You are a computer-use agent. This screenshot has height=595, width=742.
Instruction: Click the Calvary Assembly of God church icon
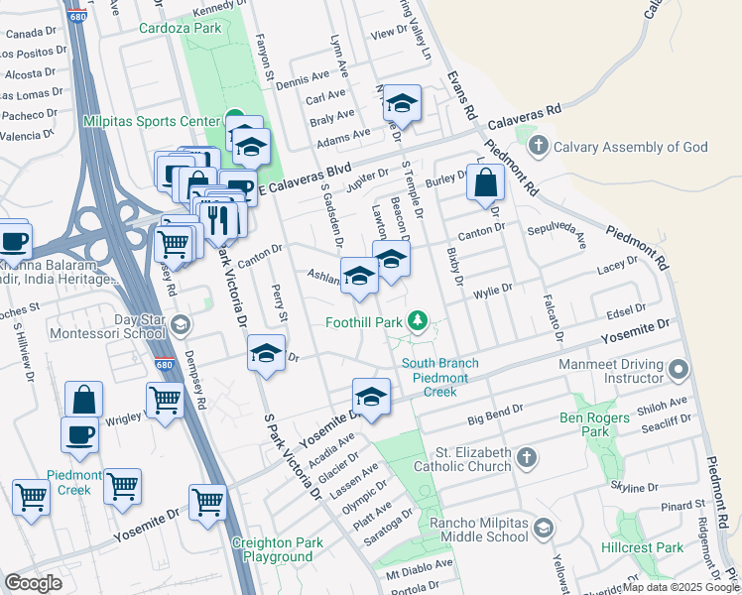coord(539,147)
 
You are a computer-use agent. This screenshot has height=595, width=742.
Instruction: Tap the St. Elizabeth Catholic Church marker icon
coord(527,457)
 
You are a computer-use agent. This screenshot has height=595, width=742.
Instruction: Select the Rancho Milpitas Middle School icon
coord(543,528)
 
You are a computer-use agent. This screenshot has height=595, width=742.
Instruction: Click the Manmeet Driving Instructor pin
coord(679,370)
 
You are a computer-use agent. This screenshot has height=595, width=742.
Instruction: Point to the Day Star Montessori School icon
coord(180,324)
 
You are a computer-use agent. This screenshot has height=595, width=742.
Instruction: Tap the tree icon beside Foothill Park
coord(420,321)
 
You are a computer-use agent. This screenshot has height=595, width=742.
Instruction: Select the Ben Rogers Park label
coord(596,423)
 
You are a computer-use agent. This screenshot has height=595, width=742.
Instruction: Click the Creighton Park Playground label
coord(272,549)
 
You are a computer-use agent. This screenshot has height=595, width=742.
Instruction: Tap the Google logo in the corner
coord(34,582)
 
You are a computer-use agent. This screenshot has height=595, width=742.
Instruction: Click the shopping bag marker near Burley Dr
coord(485,183)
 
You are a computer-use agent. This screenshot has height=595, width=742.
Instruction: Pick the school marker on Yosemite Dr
coord(371,397)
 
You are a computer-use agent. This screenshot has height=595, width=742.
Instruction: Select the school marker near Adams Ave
coord(402,102)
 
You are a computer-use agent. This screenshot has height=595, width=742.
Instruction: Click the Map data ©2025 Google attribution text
coord(681,587)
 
